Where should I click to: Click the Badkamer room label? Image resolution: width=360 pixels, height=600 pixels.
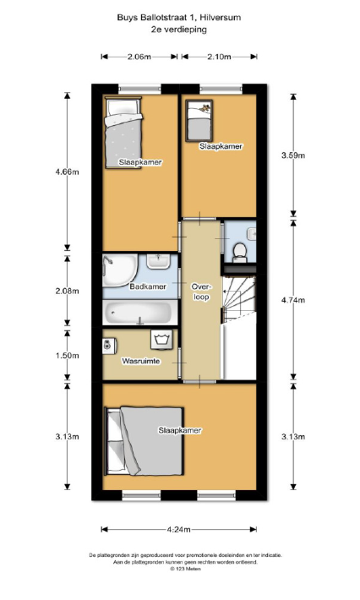(148, 286)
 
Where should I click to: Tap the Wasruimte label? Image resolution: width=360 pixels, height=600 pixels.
(141, 361)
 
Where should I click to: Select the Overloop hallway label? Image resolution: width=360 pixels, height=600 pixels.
(201, 292)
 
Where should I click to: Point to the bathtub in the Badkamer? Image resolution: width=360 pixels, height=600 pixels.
(139, 313)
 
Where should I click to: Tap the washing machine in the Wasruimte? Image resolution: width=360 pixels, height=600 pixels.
(162, 340)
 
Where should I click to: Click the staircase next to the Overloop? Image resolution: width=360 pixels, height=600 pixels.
(238, 298)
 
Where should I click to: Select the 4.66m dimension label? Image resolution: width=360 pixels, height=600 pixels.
(68, 172)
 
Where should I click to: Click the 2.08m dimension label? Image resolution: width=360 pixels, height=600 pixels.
(68, 291)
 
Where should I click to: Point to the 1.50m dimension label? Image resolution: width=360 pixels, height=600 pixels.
(68, 356)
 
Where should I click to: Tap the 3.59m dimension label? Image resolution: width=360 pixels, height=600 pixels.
(293, 155)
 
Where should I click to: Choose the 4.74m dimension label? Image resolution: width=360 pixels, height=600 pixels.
(293, 300)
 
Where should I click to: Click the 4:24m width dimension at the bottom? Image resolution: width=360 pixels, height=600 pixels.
(178, 530)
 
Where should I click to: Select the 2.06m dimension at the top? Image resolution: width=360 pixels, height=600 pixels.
(139, 57)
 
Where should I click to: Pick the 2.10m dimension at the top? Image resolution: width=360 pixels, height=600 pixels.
(219, 57)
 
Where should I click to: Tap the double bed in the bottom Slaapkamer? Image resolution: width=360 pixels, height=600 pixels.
(145, 441)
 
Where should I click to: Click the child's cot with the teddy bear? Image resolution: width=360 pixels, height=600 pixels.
(199, 120)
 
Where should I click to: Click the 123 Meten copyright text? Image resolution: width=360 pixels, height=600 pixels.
(185, 569)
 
